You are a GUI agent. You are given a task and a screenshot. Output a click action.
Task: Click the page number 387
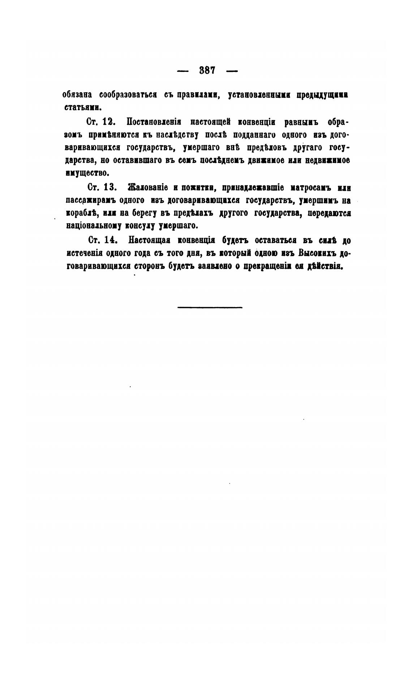tap(207, 70)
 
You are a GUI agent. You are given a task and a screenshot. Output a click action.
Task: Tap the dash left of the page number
tap(183, 71)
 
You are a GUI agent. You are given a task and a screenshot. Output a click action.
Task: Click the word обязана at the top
tap(77, 95)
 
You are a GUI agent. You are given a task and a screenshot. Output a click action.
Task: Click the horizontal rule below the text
tap(210, 307)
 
